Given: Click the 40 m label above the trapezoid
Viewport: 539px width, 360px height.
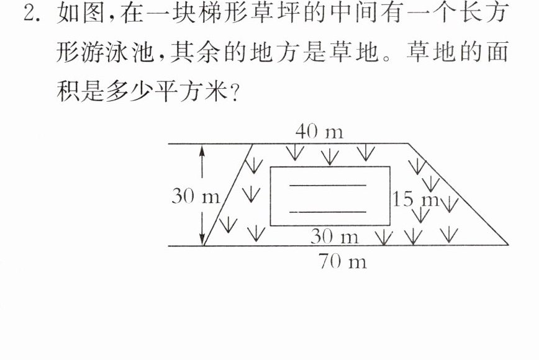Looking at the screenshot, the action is coord(319,132).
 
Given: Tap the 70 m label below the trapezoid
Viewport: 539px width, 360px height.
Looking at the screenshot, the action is coord(342,261).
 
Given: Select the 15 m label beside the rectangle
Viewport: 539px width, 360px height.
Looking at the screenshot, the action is coord(416,199).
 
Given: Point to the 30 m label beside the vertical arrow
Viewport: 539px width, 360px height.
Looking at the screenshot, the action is coord(196,196).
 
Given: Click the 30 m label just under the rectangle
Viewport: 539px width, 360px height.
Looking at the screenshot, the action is coord(335,236).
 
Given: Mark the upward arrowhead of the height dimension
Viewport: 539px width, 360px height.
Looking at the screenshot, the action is coord(202,150).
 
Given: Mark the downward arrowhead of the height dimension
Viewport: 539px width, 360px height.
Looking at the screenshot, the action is coord(202,240).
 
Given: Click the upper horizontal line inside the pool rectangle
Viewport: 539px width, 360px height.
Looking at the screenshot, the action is coord(328,186).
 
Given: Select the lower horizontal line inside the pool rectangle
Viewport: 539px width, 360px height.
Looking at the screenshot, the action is coord(328,212).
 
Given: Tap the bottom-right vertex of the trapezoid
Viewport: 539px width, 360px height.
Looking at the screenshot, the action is coord(508,245).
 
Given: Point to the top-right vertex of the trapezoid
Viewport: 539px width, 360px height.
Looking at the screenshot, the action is coord(409,143).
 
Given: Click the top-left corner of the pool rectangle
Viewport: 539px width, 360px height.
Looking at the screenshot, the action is coord(271,167).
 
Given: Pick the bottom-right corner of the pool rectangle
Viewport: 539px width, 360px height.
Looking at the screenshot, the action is coord(390,225).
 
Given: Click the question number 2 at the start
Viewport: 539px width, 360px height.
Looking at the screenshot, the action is coord(30,14).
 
